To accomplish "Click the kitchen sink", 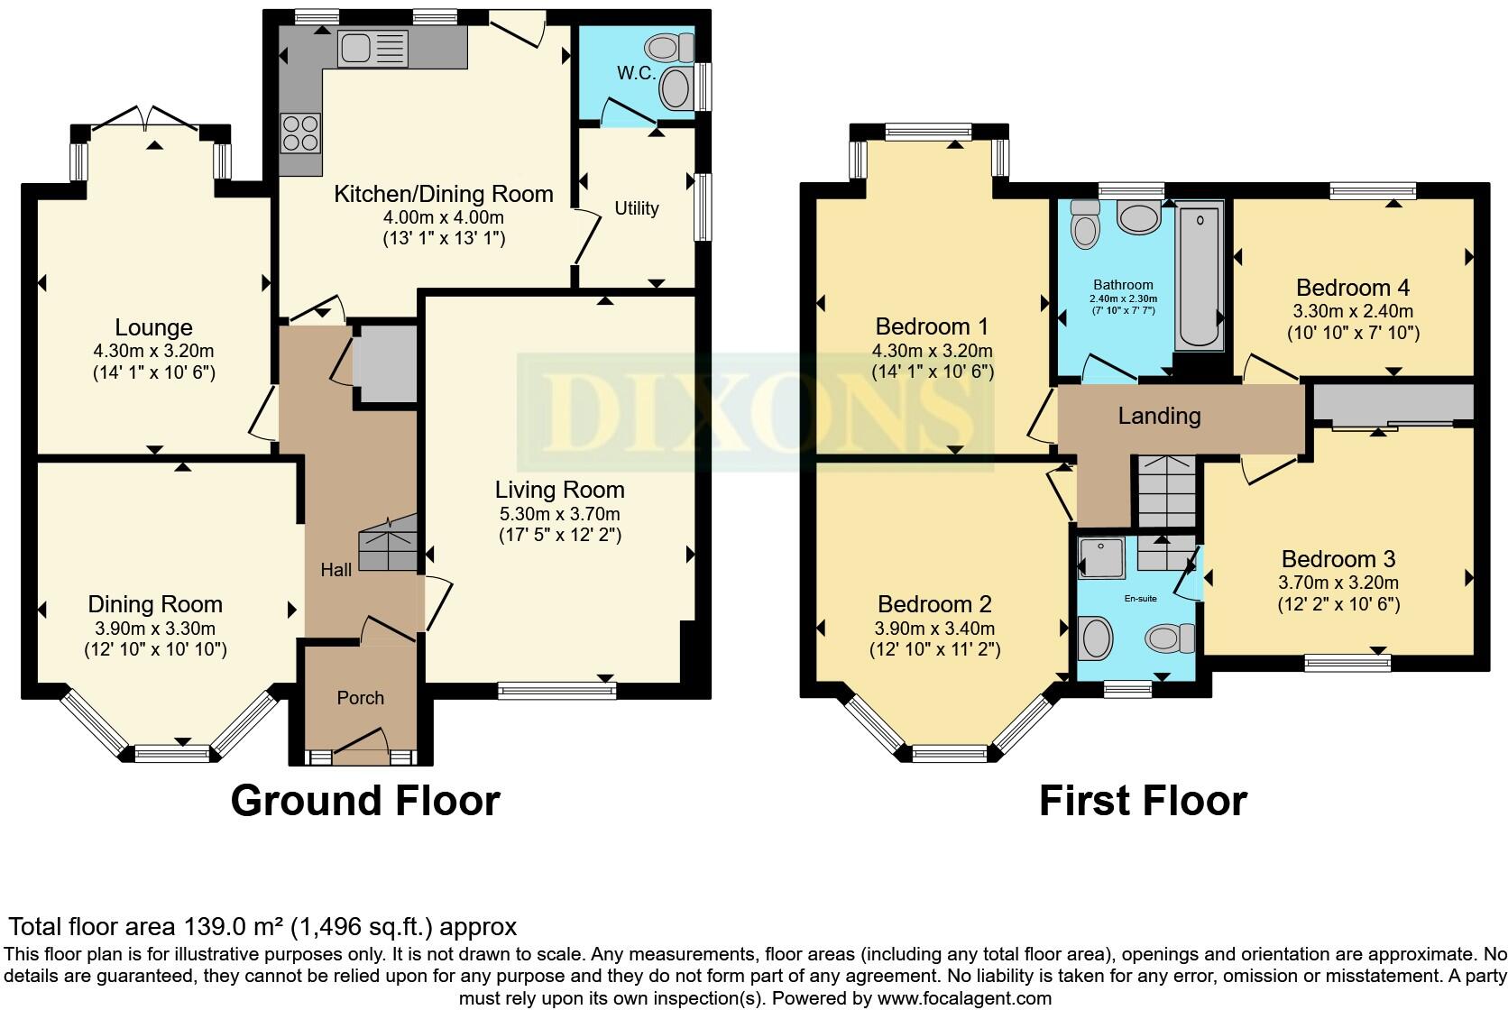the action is (x=372, y=49).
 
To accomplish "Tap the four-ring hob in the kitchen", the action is (x=301, y=133).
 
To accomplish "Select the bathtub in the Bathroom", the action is (x=1199, y=276).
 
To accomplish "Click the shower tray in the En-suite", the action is (x=1101, y=557).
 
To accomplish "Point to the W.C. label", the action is (x=636, y=73).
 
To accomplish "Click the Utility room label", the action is (x=636, y=208).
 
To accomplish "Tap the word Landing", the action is (x=1159, y=416).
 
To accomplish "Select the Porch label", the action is (x=360, y=698).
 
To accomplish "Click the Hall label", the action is (x=336, y=570).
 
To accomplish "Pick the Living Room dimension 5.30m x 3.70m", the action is (x=559, y=514).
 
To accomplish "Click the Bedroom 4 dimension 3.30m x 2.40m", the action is (x=1353, y=311).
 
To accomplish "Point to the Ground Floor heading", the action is (x=365, y=802).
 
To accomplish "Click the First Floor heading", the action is (x=1143, y=802).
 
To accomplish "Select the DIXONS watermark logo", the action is (x=755, y=412).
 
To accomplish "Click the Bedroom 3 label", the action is (x=1338, y=559).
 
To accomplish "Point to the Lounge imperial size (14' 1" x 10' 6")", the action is (x=154, y=373).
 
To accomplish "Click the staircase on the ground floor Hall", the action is (x=388, y=543).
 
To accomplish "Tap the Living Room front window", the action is (x=556, y=690).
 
